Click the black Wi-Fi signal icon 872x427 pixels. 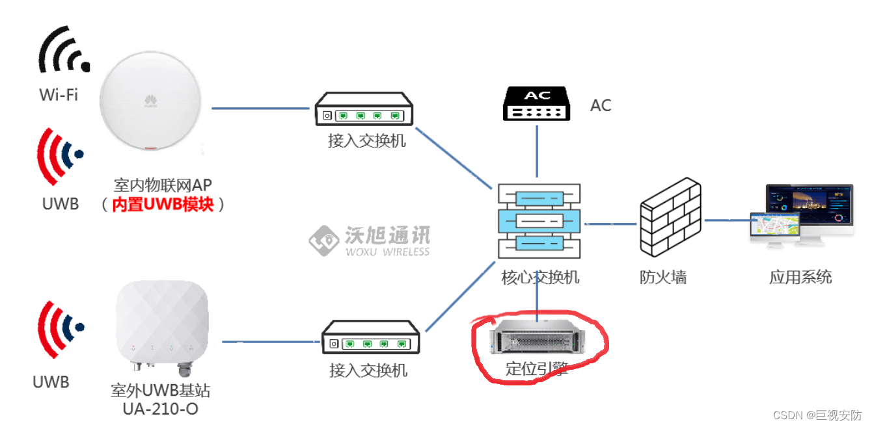[x=62, y=50]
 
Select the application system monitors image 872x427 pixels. [x=801, y=215]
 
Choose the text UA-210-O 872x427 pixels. [x=161, y=409]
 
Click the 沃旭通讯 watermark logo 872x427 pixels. [x=370, y=240]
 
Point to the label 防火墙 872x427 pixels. [x=662, y=278]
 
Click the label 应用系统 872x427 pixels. [x=800, y=278]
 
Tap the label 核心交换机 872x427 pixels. [x=540, y=278]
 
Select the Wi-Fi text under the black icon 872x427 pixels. [x=59, y=95]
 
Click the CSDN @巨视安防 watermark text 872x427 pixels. [x=817, y=415]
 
